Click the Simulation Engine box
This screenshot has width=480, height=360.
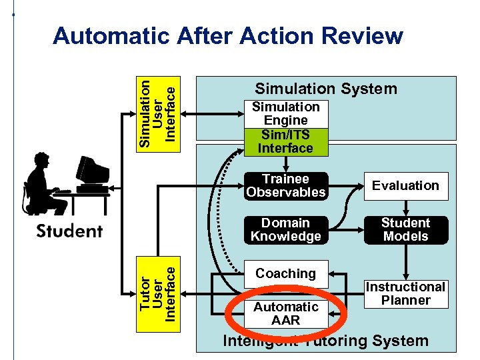pyautogui.click(x=285, y=114)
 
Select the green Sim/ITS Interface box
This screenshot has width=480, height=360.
pyautogui.click(x=285, y=141)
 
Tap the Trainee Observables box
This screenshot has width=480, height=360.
pyautogui.click(x=285, y=186)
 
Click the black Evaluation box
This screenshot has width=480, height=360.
pyautogui.click(x=405, y=186)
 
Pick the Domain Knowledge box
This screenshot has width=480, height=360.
pyautogui.click(x=285, y=230)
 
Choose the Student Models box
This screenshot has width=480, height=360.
pyautogui.click(x=405, y=230)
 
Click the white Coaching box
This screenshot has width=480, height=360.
pyautogui.click(x=285, y=273)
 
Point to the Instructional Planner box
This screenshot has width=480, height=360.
pyautogui.click(x=405, y=293)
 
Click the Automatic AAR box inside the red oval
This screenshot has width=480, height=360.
pyautogui.click(x=285, y=313)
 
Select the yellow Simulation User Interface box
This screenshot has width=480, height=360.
pyautogui.click(x=157, y=109)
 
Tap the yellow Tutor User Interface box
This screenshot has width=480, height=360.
pyautogui.click(x=157, y=294)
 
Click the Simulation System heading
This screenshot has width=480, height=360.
pyautogui.click(x=326, y=89)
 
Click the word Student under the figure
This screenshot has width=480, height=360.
pyautogui.click(x=69, y=231)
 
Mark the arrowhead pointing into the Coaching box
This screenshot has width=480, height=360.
pyautogui.click(x=334, y=273)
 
